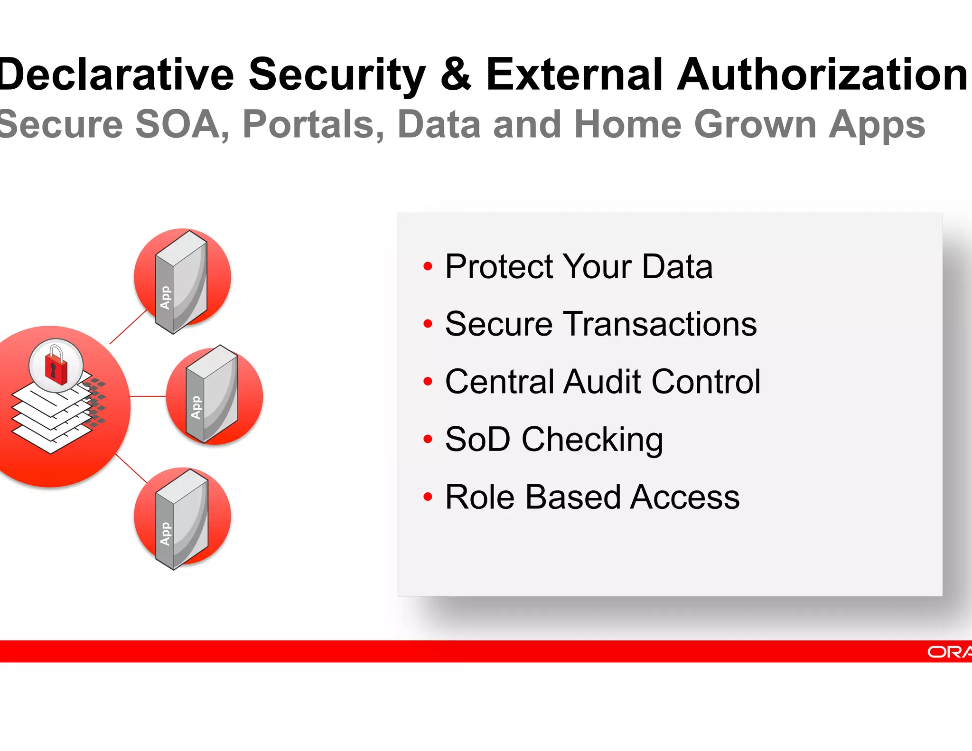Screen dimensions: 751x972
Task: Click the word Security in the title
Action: point(337,75)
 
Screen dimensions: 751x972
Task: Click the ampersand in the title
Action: point(456,75)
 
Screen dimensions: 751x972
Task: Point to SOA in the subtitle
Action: point(178,124)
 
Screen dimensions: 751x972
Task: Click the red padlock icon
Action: point(56,366)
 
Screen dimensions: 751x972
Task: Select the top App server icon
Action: point(182,282)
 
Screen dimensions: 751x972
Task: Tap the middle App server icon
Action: point(213,395)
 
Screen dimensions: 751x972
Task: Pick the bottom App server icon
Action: point(182,518)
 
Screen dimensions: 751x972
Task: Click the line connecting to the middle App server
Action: point(148,396)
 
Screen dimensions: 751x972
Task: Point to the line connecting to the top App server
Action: point(128,327)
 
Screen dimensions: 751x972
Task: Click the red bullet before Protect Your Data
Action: point(428,266)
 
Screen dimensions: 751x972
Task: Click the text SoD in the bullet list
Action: point(477,439)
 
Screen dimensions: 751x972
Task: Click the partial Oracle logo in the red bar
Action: point(949,652)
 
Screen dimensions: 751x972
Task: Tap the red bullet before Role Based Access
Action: point(428,497)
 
